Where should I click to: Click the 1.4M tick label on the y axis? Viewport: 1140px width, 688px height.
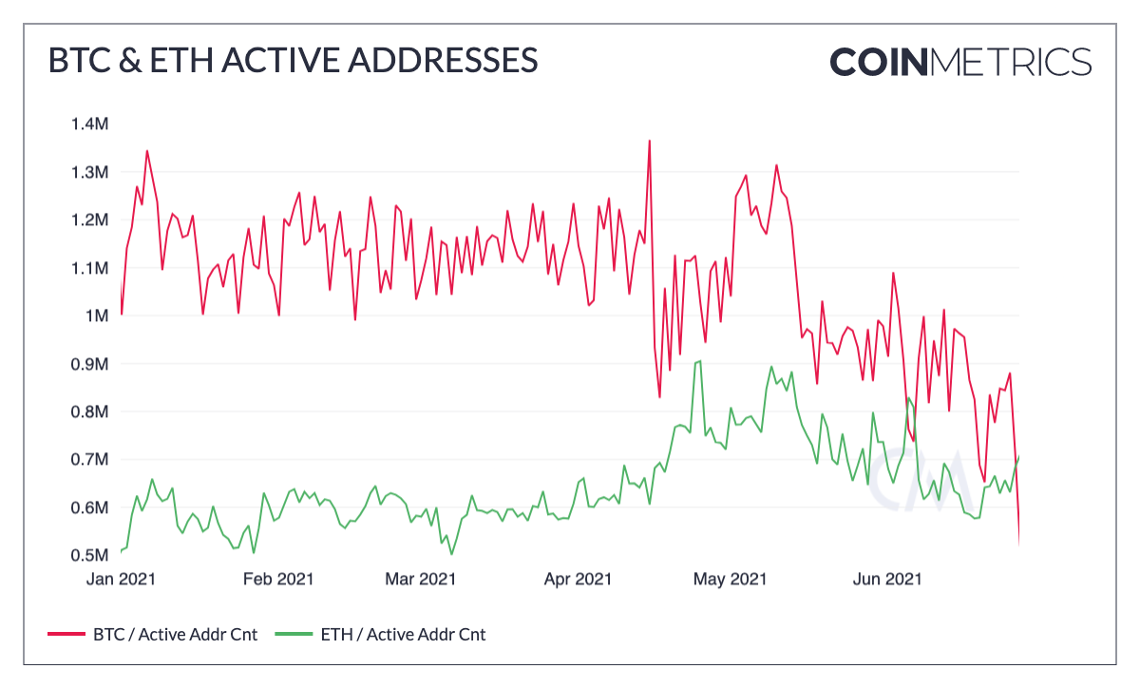pyautogui.click(x=89, y=124)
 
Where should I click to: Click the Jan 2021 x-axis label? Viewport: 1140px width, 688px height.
pyautogui.click(x=123, y=578)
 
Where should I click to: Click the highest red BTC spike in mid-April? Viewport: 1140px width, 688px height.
pyautogui.click(x=649, y=141)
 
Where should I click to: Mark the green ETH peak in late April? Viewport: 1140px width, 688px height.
pyautogui.click(x=700, y=361)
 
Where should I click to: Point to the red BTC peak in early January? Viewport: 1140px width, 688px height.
pyautogui.click(x=146, y=150)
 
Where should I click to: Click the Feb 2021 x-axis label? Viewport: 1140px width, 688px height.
pyautogui.click(x=278, y=578)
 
